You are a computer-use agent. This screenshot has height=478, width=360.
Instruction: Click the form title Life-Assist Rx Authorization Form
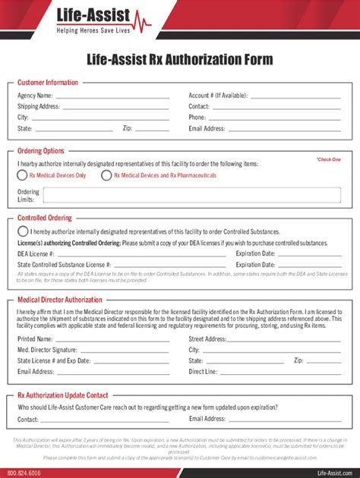(180, 59)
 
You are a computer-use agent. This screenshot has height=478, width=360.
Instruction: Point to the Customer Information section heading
(48, 82)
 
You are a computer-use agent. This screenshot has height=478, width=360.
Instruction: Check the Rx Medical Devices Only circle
(23, 175)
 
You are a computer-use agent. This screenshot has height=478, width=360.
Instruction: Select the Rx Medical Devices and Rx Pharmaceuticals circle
(105, 175)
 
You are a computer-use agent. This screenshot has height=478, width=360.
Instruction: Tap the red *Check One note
(328, 159)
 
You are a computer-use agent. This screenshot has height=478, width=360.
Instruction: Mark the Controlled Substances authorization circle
(23, 231)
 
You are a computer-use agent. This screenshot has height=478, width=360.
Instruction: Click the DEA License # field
(141, 253)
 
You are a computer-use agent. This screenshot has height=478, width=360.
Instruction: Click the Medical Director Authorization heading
(60, 300)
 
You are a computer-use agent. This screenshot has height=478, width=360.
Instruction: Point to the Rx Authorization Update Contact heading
(63, 395)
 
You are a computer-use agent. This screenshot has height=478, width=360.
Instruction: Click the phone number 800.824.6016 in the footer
(25, 471)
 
